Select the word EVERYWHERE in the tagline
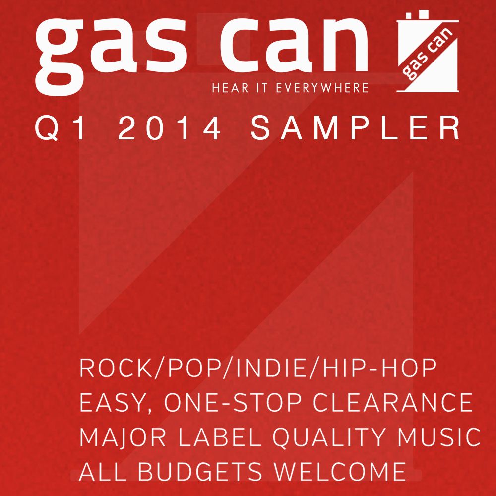[322, 88]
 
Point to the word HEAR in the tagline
[230, 88]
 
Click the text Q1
[60, 128]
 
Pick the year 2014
[169, 128]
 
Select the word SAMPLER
[356, 128]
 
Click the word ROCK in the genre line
[116, 368]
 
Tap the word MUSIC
[439, 437]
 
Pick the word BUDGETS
[200, 472]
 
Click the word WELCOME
[340, 472]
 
